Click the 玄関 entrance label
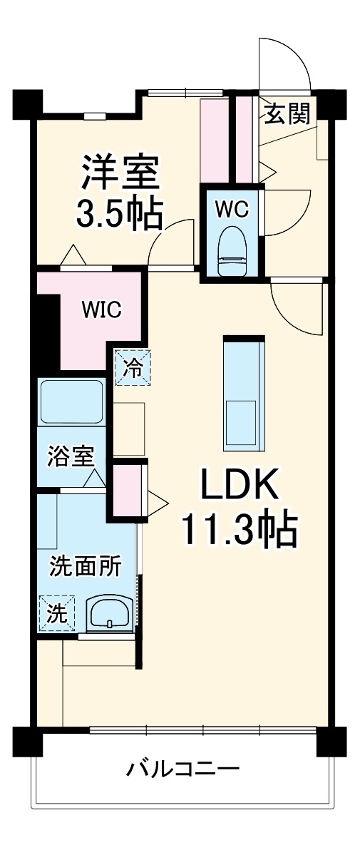[x=288, y=113]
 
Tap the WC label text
[x=232, y=209]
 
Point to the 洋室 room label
[x=119, y=172]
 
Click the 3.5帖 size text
[x=119, y=212]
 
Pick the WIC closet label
[x=101, y=309]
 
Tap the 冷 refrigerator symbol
[x=133, y=368]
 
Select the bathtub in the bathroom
[x=72, y=402]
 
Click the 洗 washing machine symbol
[x=56, y=613]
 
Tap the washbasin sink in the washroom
[x=109, y=613]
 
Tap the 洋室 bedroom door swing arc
[x=171, y=242]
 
